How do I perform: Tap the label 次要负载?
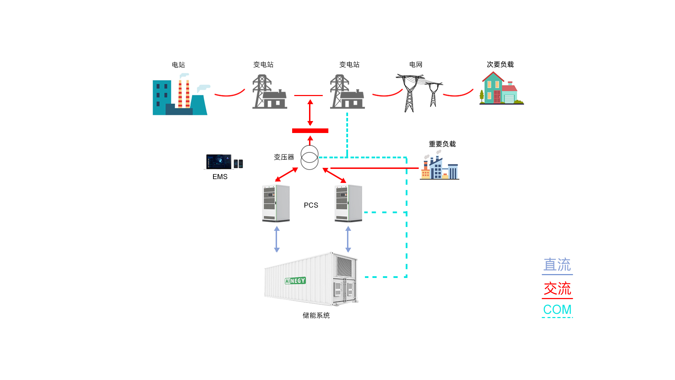coord(500,64)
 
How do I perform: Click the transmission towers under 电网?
coord(418,92)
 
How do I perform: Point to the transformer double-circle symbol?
coord(309,157)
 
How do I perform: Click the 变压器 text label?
coord(284,157)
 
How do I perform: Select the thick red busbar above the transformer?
coord(310,131)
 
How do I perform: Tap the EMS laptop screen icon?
coord(219,162)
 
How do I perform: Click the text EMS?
coord(220,177)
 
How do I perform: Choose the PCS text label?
coord(311,205)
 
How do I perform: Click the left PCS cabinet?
coord(276,203)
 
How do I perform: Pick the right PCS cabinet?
coord(348,203)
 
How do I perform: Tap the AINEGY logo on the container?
coord(295,281)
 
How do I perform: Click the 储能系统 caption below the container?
coord(316,315)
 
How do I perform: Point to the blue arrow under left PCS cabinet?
coord(277,239)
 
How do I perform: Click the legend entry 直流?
coord(557,265)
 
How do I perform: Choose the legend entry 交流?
coord(557,289)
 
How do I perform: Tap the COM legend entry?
coord(557,310)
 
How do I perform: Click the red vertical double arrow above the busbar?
coord(310,113)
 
